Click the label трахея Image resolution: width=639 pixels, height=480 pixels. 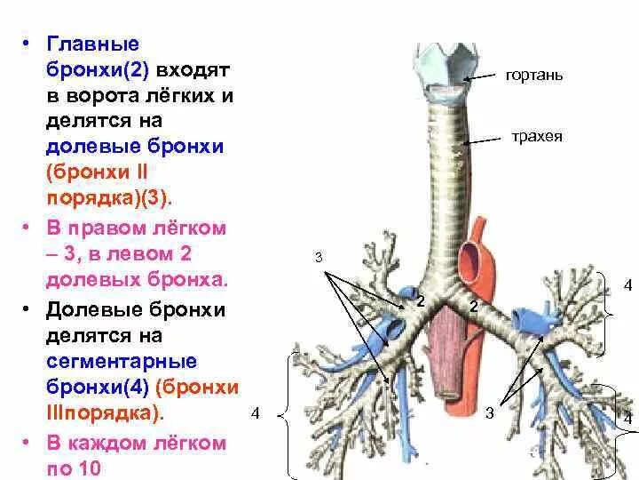[536, 138]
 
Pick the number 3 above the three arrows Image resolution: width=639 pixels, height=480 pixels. [319, 259]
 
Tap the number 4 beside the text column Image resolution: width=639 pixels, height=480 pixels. [256, 414]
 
